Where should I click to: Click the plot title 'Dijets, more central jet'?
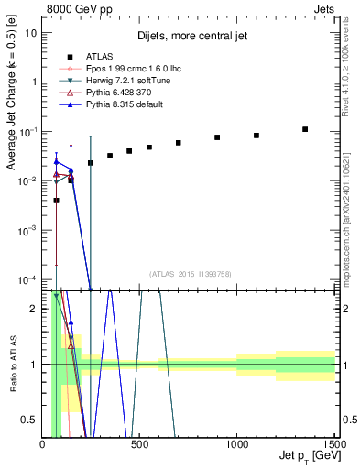click(x=189, y=37)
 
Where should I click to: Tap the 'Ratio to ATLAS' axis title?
click(x=15, y=364)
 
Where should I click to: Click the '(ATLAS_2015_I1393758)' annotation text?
click(x=189, y=273)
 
